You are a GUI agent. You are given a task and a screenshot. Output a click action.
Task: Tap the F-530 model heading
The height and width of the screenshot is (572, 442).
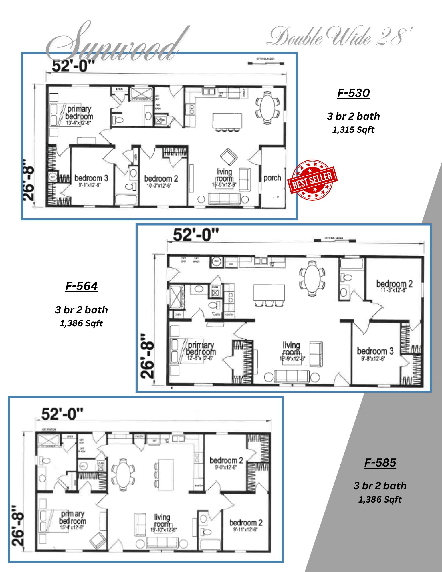353,93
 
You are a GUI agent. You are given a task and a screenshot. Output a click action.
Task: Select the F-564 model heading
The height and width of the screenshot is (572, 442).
82,286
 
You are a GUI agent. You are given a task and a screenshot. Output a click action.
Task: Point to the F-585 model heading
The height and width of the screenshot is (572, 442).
380,463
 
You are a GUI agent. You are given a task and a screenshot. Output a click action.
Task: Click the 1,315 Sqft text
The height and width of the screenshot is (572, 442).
353,130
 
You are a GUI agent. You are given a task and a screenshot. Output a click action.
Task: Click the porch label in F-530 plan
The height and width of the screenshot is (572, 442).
272,178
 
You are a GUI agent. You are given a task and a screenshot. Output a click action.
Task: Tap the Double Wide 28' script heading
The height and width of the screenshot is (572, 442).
339,37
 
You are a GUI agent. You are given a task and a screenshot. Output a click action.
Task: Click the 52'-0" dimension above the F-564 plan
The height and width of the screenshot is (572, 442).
196,235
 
